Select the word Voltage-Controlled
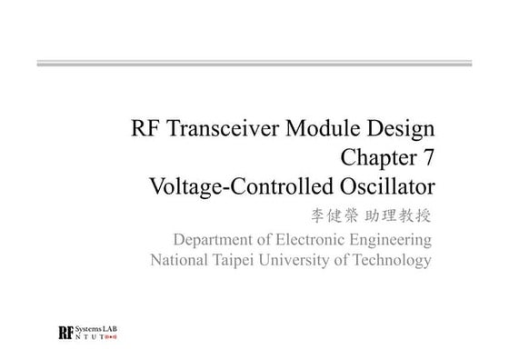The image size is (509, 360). pyautogui.click(x=241, y=187)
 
